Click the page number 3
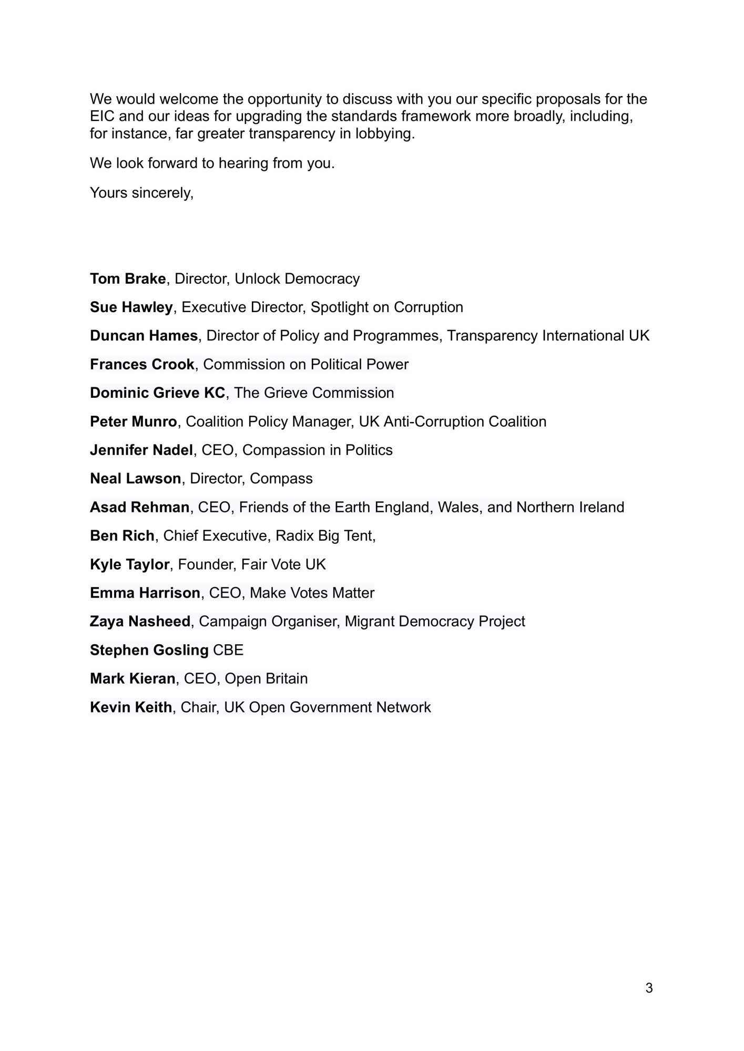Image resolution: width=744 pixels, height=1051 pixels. [x=649, y=988]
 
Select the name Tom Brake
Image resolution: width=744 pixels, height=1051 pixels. [x=128, y=279]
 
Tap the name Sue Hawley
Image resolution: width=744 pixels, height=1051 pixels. [x=131, y=307]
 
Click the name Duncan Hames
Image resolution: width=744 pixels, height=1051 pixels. [x=144, y=335]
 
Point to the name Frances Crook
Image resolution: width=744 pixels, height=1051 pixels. [x=142, y=364]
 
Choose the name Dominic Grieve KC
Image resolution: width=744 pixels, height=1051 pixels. [x=157, y=393]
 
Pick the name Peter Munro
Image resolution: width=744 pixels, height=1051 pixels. [x=134, y=421]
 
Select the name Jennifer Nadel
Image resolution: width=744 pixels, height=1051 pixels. [x=141, y=450]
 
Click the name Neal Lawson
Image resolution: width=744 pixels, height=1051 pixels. [x=135, y=478]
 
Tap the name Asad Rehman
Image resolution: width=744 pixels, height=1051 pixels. [x=139, y=507]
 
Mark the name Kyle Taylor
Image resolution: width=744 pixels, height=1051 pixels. [x=129, y=564]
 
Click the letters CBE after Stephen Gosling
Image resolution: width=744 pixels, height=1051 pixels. [x=228, y=650]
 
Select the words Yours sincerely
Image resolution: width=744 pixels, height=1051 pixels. [x=141, y=193]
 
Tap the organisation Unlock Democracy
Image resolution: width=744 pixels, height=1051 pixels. [x=297, y=279]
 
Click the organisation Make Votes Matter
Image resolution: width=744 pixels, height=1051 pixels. [x=312, y=593]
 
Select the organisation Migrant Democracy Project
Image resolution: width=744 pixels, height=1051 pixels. [x=435, y=621]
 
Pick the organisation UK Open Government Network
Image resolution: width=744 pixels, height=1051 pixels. [x=327, y=707]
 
